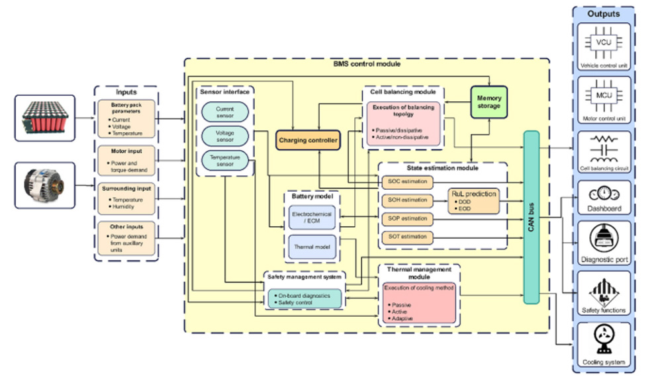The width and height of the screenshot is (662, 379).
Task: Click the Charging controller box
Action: coord(308,140)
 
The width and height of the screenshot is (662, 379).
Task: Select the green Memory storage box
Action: coord(489,102)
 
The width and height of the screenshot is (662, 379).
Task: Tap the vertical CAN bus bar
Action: coord(532,217)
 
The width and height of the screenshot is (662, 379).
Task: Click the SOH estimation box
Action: coord(406,200)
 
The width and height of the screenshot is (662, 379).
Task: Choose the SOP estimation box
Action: coord(406,218)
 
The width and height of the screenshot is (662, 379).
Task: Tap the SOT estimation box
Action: coord(406,237)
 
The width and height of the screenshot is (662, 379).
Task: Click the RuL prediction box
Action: coord(473,200)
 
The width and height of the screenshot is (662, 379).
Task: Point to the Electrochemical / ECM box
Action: coord(312,218)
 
